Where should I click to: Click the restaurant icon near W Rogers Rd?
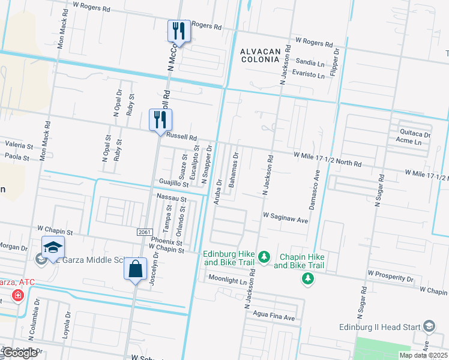click(179, 31)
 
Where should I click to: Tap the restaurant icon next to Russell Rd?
click(160, 119)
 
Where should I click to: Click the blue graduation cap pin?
click(53, 247)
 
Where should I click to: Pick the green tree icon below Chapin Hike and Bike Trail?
click(308, 278)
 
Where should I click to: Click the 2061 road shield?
click(144, 232)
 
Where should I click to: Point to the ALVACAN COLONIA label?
click(261, 56)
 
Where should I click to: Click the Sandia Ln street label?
click(310, 62)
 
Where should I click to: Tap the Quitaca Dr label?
click(411, 135)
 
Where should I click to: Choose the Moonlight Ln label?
click(228, 280)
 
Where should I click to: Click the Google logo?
click(20, 353)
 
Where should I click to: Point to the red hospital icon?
click(18, 296)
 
